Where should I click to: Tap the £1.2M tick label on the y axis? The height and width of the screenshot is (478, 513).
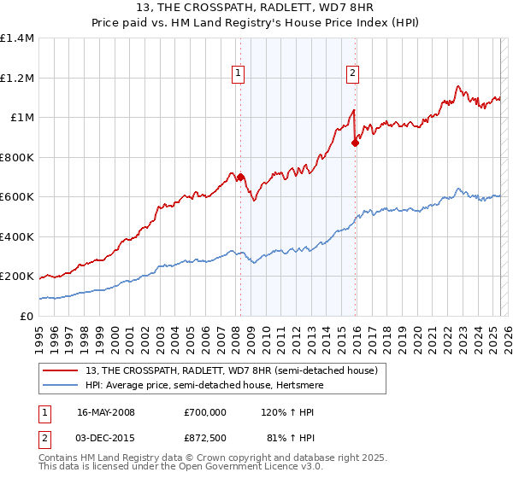tap(17, 78)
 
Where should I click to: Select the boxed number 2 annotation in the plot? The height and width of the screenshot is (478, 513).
tap(352, 74)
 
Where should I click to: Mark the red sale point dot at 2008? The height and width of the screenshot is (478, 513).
tap(240, 178)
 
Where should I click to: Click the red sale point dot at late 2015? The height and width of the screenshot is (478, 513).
tap(355, 143)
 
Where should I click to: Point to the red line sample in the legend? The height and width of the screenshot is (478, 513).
tap(60, 370)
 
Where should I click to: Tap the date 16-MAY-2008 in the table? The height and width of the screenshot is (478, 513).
tap(105, 412)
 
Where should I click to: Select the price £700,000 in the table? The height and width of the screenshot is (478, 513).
tap(204, 412)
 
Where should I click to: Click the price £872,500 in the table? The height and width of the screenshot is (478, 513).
tap(204, 440)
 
